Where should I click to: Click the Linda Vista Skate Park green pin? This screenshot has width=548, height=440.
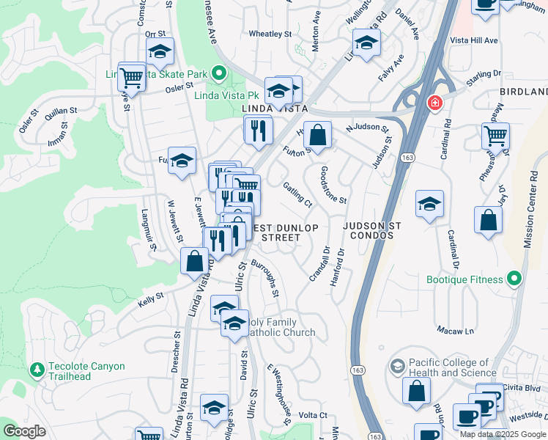point(218,73)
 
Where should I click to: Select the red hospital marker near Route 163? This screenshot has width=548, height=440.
point(435,103)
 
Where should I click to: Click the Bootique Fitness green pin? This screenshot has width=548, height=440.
point(514,279)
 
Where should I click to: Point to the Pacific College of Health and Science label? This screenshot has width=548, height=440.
point(449,367)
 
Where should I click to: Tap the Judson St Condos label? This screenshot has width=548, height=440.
point(369,231)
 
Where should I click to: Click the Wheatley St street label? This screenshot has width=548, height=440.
point(270,34)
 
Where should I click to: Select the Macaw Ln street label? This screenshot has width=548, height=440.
point(456,331)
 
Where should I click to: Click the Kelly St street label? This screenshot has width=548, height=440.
point(149,298)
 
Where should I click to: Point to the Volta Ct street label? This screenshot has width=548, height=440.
point(312,415)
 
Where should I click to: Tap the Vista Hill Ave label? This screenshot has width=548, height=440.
point(473,40)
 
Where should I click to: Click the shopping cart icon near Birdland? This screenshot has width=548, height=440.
point(496,136)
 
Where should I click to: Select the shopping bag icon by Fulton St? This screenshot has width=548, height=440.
point(317,136)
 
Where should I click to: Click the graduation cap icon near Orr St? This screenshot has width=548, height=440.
point(160,53)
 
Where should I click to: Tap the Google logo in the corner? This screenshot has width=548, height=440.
point(25,431)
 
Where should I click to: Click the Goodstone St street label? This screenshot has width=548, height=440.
point(333,186)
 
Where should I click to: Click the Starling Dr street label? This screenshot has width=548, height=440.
point(484,74)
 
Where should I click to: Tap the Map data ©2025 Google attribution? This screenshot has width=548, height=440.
point(503,434)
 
